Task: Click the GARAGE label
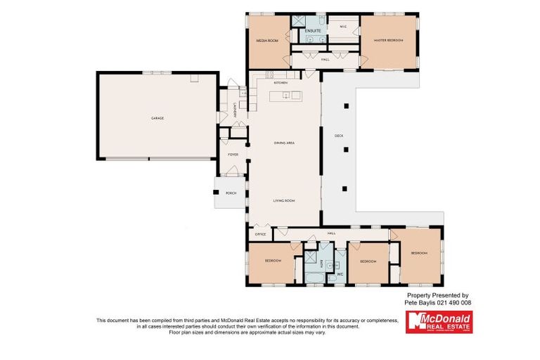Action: [x=157, y=118]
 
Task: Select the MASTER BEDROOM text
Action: [x=389, y=41]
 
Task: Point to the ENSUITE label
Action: [x=313, y=31]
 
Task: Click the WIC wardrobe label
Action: [x=343, y=27]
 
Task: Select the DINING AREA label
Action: [x=284, y=143]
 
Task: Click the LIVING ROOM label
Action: [x=284, y=200]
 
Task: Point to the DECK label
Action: [x=338, y=136]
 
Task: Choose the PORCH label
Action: [x=230, y=193]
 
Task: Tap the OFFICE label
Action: [x=259, y=233]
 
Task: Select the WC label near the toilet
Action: [x=340, y=274]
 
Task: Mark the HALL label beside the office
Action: [x=331, y=233]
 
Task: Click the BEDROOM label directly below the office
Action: [x=273, y=261]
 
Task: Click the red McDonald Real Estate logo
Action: [x=439, y=321]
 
